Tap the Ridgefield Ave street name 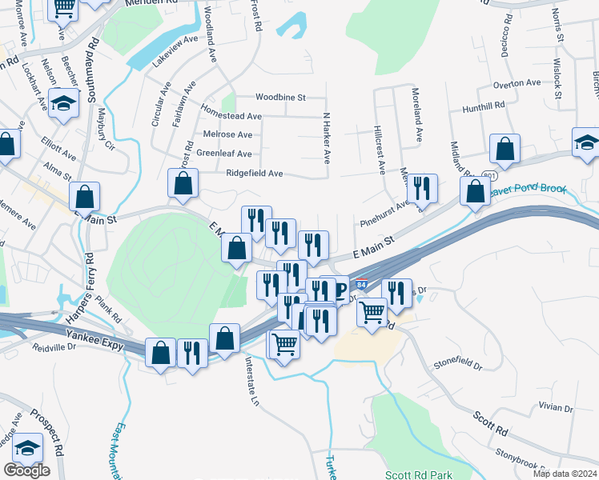(x=255, y=173)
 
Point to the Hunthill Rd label (x=484, y=105)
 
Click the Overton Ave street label (x=517, y=83)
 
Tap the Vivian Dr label (x=556, y=407)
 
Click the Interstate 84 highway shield (x=362, y=286)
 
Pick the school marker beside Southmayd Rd (x=62, y=104)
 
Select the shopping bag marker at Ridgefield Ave (x=183, y=183)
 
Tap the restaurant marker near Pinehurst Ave (x=422, y=188)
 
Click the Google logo (x=26, y=470)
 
